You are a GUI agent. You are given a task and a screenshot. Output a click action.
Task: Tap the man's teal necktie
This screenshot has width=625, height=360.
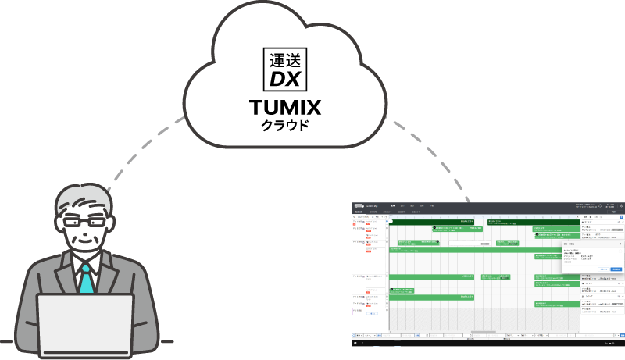(x=85, y=277)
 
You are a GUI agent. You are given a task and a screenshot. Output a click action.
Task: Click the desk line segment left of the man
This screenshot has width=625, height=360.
(x=12, y=343)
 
